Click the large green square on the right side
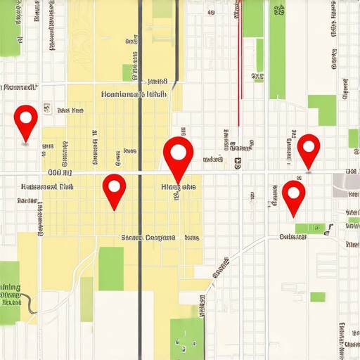point(322,110)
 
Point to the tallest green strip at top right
point(278,49)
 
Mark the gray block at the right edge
point(346,181)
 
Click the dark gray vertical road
point(140,211)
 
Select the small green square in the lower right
point(318,297)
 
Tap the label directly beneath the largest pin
point(179,188)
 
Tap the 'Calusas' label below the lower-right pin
point(293,236)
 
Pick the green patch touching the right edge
point(353,139)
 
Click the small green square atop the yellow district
point(127,72)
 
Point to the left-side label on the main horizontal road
point(59,172)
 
